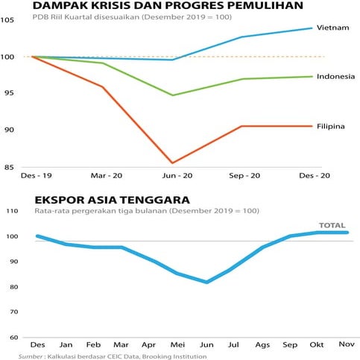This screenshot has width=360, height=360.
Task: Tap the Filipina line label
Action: pyautogui.click(x=330, y=126)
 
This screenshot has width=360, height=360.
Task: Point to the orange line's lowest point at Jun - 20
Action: pyautogui.click(x=173, y=162)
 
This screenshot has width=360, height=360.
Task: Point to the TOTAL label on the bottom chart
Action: pyautogui.click(x=332, y=224)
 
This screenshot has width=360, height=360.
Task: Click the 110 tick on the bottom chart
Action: pyautogui.click(x=11, y=212)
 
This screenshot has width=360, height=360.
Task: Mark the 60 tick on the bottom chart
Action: pyautogui.click(x=13, y=337)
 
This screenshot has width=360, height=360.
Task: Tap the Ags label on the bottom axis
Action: pyautogui.click(x=263, y=346)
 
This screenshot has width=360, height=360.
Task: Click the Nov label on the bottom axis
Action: pyautogui.click(x=347, y=346)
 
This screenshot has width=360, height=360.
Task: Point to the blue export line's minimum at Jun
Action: pyautogui.click(x=207, y=282)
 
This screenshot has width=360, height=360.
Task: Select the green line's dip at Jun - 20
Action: pyautogui.click(x=173, y=95)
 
